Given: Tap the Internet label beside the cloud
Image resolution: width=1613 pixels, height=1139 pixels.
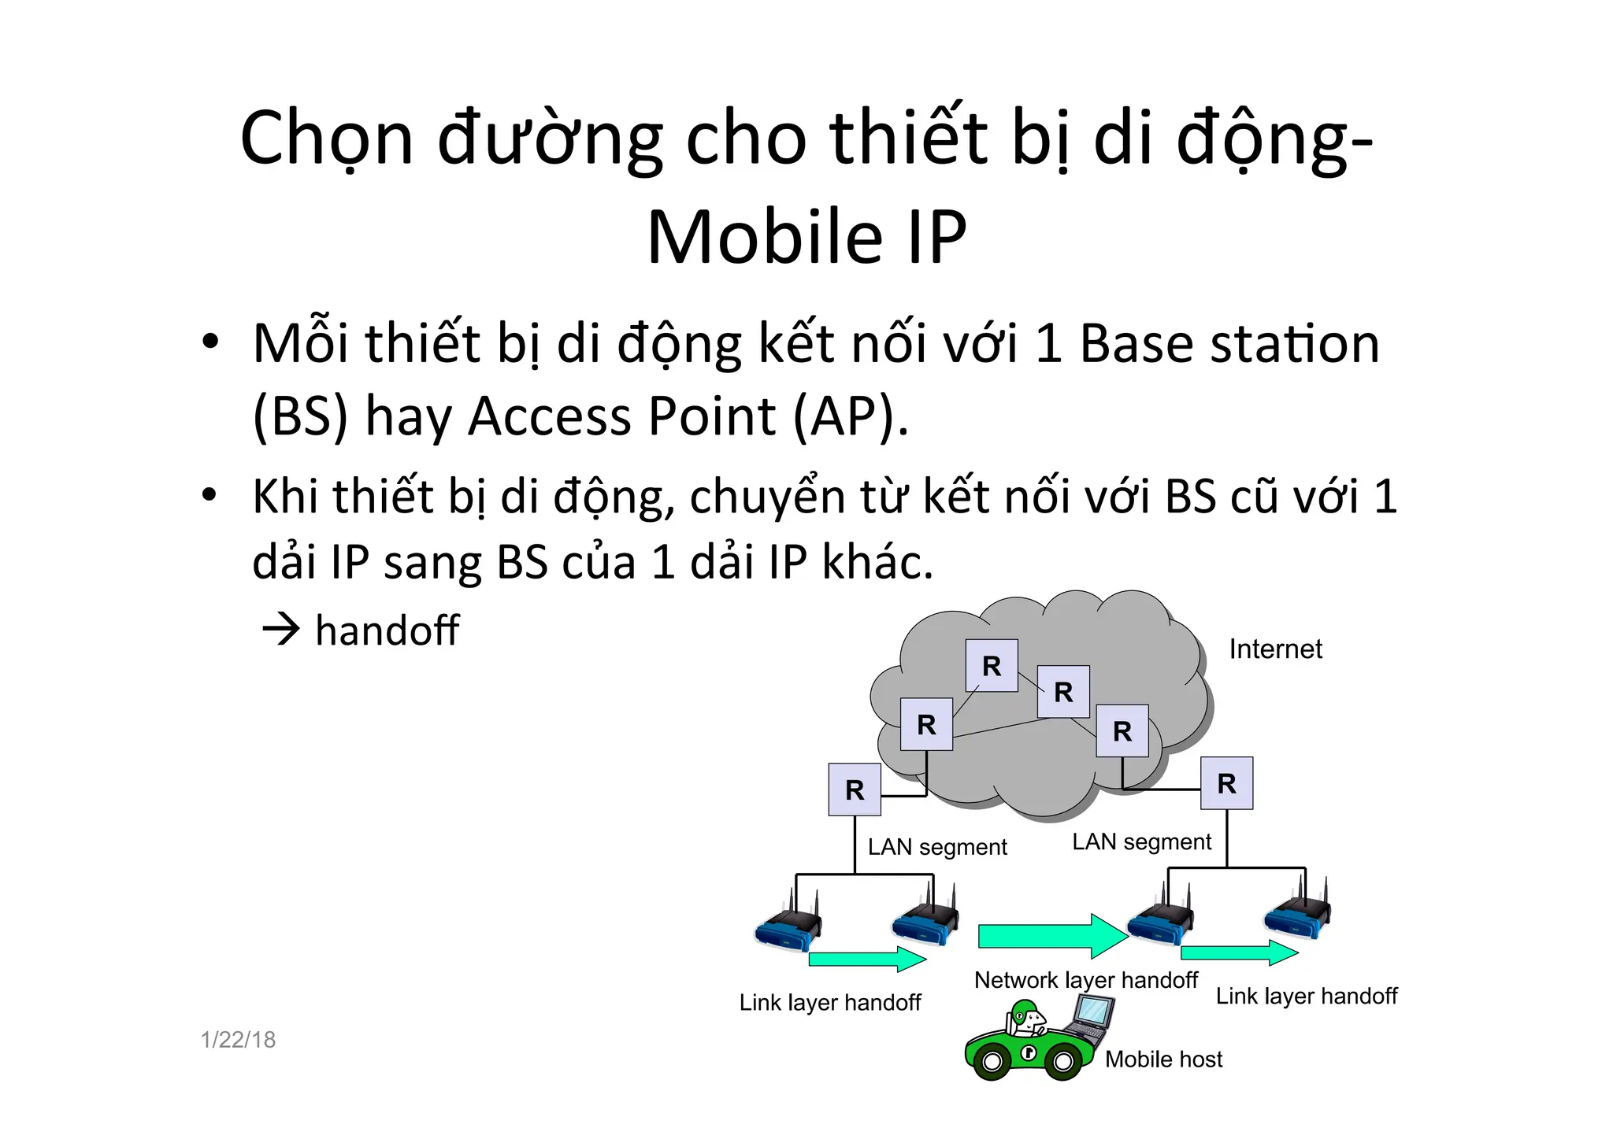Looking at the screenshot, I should (x=1275, y=649).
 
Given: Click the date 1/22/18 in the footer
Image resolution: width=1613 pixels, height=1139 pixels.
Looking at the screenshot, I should (x=238, y=1040).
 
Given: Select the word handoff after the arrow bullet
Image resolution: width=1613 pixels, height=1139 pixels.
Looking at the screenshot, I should (x=387, y=631).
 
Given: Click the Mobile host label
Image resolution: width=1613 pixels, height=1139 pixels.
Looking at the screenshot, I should (x=1163, y=1059).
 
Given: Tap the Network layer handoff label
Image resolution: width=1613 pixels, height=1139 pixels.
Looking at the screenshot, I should (x=1085, y=980).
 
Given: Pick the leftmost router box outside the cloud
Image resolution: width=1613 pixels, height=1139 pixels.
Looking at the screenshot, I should (x=855, y=790).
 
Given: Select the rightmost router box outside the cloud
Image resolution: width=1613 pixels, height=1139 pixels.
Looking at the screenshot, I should (x=1226, y=783).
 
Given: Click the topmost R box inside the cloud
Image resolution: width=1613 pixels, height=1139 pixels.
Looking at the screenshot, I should (x=992, y=666).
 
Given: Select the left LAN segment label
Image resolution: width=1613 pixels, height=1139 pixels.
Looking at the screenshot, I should (x=937, y=847).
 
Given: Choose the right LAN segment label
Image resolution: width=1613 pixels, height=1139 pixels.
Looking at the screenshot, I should (x=1141, y=842).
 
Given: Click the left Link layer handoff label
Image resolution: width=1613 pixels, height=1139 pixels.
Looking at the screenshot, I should (x=830, y=1003).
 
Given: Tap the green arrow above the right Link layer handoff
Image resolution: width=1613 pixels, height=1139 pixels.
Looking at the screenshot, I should (x=1239, y=952).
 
